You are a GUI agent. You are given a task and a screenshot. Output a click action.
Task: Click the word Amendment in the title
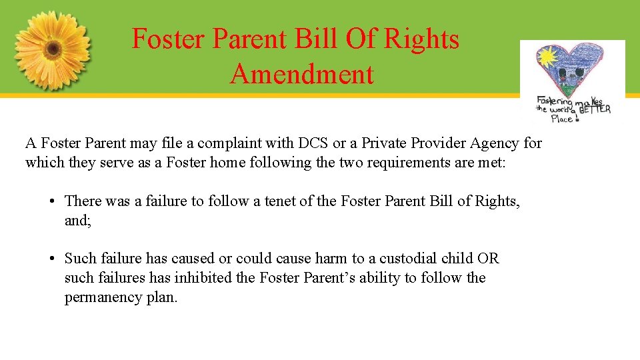[302, 74]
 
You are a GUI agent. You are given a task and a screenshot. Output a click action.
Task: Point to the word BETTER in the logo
[595, 109]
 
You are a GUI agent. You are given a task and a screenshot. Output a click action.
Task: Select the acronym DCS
[313, 143]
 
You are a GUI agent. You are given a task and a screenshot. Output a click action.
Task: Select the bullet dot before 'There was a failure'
[51, 201]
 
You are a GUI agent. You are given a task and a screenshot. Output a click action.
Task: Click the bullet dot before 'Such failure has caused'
[51, 259]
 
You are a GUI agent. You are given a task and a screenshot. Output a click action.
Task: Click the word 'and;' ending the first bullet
[77, 220]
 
